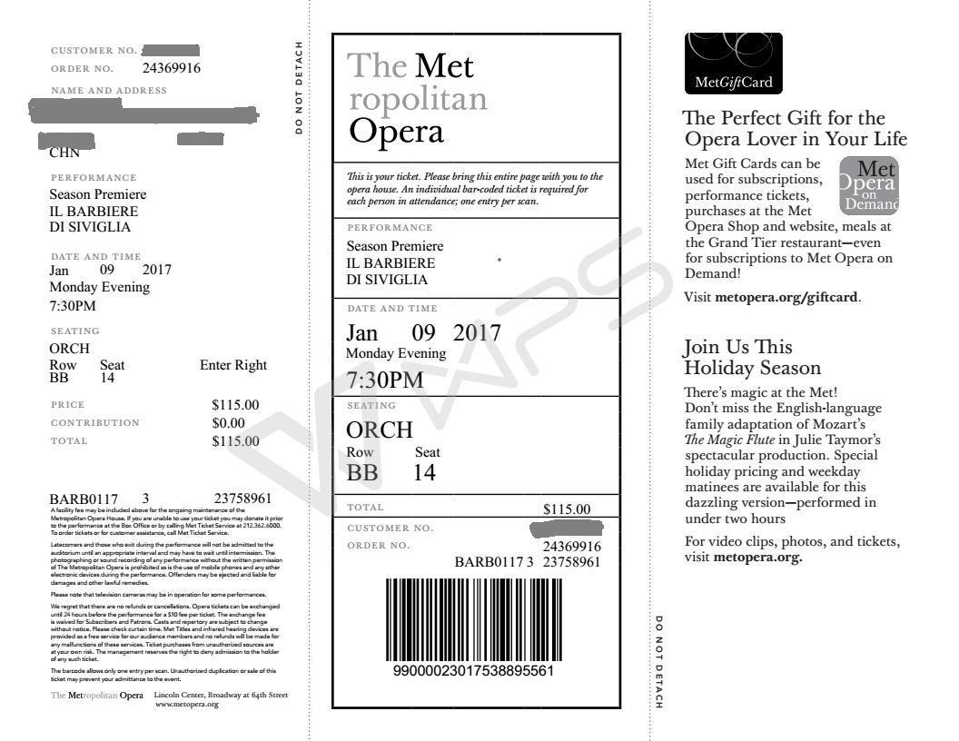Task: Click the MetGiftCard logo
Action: [733, 64]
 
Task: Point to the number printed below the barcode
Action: [473, 671]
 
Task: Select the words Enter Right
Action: [233, 365]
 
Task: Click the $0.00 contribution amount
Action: [229, 422]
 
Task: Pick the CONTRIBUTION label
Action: [95, 422]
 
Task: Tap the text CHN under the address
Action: [64, 153]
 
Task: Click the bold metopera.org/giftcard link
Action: [787, 297]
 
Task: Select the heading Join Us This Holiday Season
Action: [752, 358]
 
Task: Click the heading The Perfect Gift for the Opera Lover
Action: [796, 129]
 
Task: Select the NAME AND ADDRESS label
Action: [109, 90]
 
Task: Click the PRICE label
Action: [67, 404]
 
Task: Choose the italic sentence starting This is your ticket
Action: [474, 188]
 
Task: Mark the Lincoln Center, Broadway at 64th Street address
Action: [221, 695]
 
